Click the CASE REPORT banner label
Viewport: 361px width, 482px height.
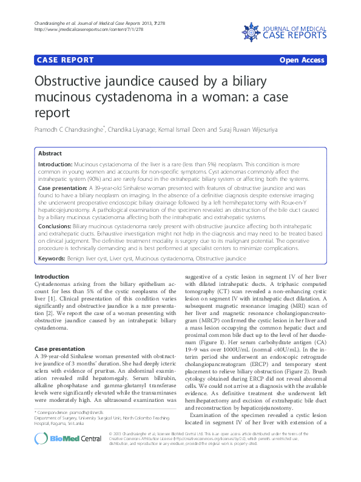[66, 60]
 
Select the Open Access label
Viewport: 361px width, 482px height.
[302, 60]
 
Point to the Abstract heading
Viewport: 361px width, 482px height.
[50, 154]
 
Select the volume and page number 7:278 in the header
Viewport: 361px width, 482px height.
[160, 22]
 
